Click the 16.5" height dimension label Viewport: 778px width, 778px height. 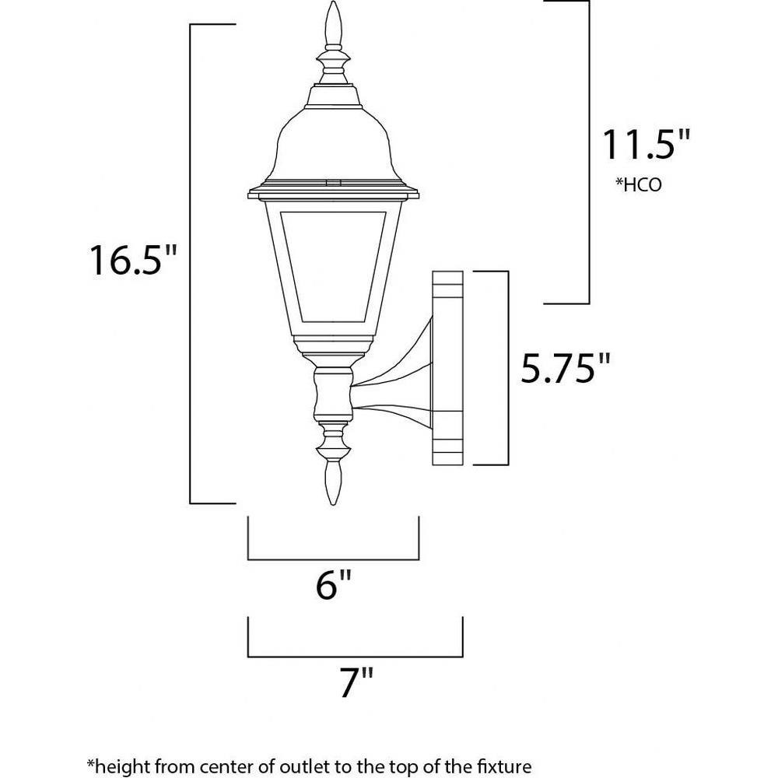tap(132, 260)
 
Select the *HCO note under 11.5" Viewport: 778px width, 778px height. tap(638, 184)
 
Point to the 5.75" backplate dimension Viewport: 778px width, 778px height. tap(565, 368)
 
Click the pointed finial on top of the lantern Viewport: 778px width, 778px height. tap(334, 25)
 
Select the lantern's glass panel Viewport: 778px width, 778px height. tap(333, 267)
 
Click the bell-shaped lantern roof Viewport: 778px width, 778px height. tap(333, 144)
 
